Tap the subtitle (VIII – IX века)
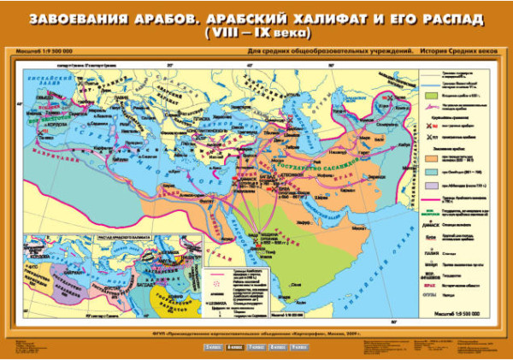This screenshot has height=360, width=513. coord(256,34)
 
